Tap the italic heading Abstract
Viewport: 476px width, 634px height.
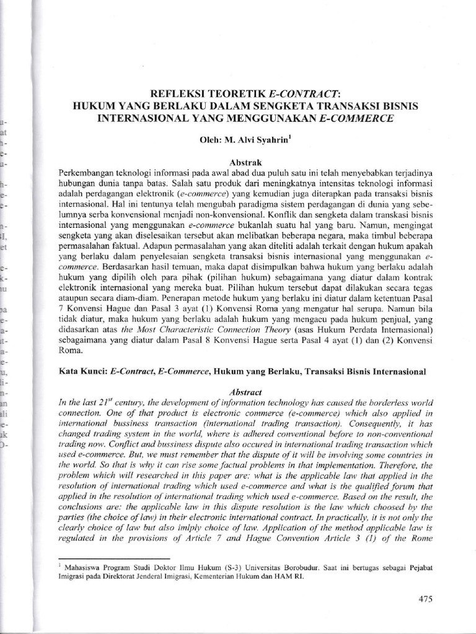246,392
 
